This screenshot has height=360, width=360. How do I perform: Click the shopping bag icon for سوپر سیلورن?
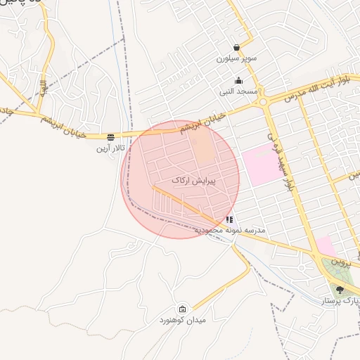pyautogui.click(x=237, y=47)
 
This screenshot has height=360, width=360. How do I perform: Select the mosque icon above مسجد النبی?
pyautogui.click(x=239, y=81)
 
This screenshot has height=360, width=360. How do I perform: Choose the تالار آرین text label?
pyautogui.click(x=110, y=148)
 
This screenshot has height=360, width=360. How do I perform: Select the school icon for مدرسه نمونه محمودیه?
pyautogui.click(x=229, y=220)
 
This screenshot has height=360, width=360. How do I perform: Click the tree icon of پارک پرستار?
pyautogui.click(x=340, y=289)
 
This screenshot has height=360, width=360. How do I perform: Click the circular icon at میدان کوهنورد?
pyautogui.click(x=183, y=309)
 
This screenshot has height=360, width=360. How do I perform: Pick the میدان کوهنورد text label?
pyautogui.click(x=183, y=321)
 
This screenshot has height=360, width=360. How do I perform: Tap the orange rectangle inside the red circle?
pyautogui.click(x=202, y=147)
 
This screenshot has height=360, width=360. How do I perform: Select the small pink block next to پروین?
pyautogui.click(x=325, y=246)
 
